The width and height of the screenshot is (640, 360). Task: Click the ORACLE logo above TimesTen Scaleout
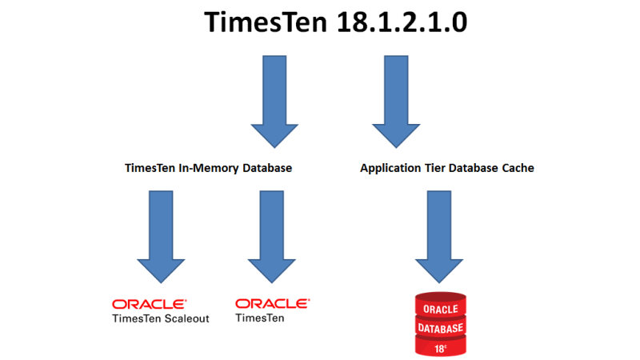click(x=150, y=304)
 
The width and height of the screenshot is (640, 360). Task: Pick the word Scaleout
click(x=186, y=318)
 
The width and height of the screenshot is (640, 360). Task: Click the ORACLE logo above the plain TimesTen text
click(x=272, y=304)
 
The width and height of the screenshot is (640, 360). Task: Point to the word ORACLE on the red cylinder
click(x=438, y=309)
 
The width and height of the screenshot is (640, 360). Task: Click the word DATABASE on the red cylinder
click(x=438, y=327)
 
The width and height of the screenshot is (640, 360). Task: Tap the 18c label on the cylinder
click(x=438, y=347)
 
